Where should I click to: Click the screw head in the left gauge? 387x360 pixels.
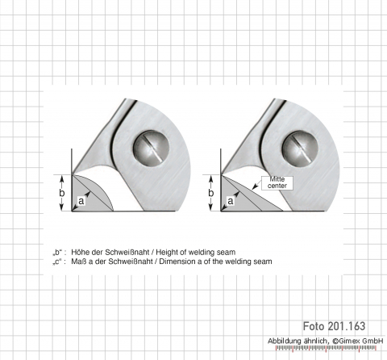(x=152, y=149)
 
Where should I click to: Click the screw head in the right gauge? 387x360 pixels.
(x=300, y=149)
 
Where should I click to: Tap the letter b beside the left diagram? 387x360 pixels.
(x=62, y=193)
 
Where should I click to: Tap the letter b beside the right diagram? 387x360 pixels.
(x=211, y=193)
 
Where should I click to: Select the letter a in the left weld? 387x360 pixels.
(x=81, y=201)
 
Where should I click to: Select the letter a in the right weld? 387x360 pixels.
(x=231, y=201)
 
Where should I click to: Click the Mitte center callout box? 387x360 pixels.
(x=277, y=183)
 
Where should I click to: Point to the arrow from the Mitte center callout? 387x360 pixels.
(x=256, y=184)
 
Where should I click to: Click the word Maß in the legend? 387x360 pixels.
(x=78, y=262)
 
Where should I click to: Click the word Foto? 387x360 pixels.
(x=314, y=326)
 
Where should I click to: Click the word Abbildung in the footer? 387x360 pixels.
(x=285, y=341)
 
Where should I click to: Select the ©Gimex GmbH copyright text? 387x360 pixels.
(x=358, y=341)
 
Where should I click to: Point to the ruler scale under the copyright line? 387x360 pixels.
(x=326, y=349)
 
